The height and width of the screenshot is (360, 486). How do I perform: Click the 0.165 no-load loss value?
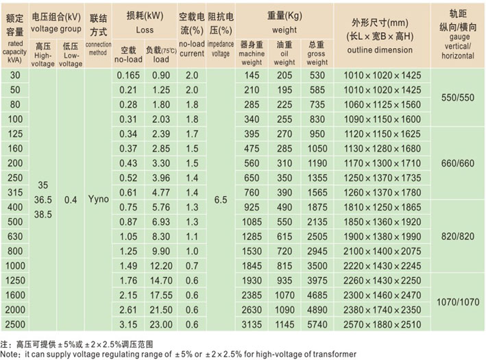tap(129, 75)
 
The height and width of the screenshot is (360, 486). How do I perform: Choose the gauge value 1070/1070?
tap(458, 302)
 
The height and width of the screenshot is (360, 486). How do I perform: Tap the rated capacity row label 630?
tap(15, 235)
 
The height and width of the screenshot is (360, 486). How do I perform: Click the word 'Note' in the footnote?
tap(10, 354)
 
